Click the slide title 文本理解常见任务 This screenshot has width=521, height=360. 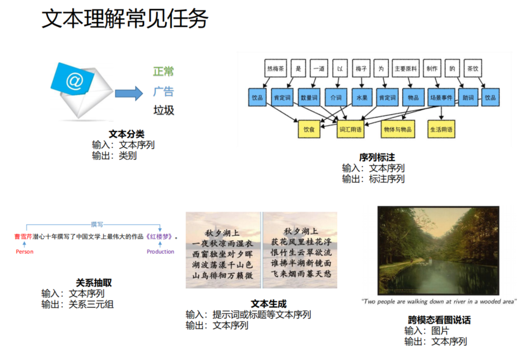(x=125, y=20)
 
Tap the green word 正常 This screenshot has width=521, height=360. (x=164, y=72)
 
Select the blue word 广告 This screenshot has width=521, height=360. (x=164, y=91)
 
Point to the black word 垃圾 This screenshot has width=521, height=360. (x=164, y=110)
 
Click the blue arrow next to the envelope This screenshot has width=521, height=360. (x=129, y=93)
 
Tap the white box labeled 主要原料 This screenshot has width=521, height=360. (x=405, y=69)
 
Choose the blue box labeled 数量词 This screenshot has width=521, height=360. (x=309, y=97)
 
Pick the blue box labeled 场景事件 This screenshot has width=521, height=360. (x=441, y=97)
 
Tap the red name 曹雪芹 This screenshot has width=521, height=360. (x=24, y=236)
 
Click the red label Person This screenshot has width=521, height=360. (x=25, y=252)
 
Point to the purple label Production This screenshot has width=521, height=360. (x=160, y=252)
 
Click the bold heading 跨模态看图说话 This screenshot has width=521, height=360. (x=439, y=320)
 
